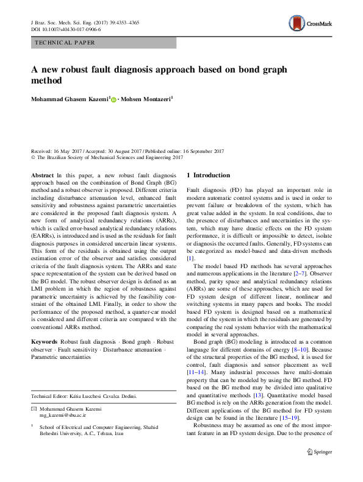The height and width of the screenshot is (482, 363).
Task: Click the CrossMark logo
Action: [309, 24]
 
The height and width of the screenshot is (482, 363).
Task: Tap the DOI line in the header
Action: [65, 29]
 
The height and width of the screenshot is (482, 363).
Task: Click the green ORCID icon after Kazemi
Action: [113, 99]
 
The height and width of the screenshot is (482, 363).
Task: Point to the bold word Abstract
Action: [42, 175]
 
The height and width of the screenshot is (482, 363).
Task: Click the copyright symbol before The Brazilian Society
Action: [33, 157]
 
